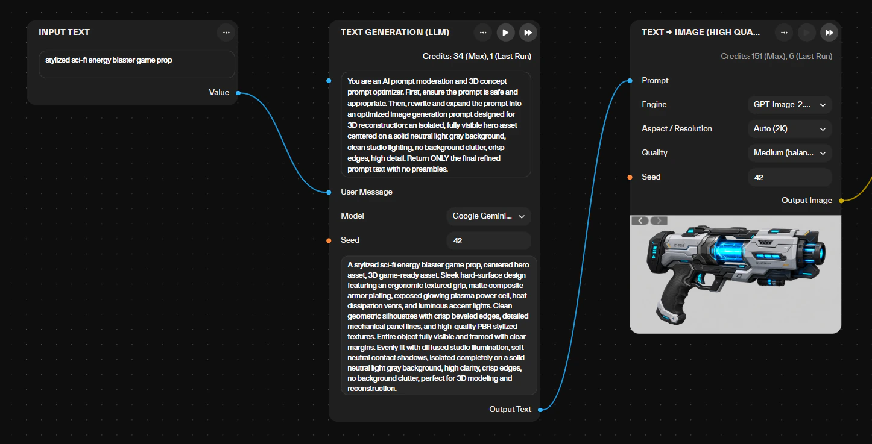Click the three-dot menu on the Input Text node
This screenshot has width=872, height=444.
pos(226,33)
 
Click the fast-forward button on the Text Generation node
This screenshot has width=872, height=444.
pos(528,33)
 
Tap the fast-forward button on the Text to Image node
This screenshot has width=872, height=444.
pos(829,33)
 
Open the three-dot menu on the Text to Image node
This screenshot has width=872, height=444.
pos(784,33)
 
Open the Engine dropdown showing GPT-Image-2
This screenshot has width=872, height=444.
pos(789,105)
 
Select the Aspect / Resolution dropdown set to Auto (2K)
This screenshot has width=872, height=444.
pos(789,129)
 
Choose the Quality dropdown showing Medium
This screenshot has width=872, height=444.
pos(789,153)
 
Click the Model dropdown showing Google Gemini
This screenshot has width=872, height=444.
pos(488,216)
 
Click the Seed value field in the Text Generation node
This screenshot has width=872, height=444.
pos(488,240)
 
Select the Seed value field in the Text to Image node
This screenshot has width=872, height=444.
pos(789,177)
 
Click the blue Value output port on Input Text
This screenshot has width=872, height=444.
pos(238,93)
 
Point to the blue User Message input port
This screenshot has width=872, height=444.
pos(329,192)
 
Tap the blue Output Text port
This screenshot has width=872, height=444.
pos(540,410)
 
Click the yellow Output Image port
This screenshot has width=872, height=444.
pos(841,201)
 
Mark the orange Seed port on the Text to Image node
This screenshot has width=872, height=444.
pos(630,177)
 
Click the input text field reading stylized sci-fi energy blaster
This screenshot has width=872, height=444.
pos(137,64)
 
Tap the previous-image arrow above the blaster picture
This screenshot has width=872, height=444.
pos(640,221)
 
